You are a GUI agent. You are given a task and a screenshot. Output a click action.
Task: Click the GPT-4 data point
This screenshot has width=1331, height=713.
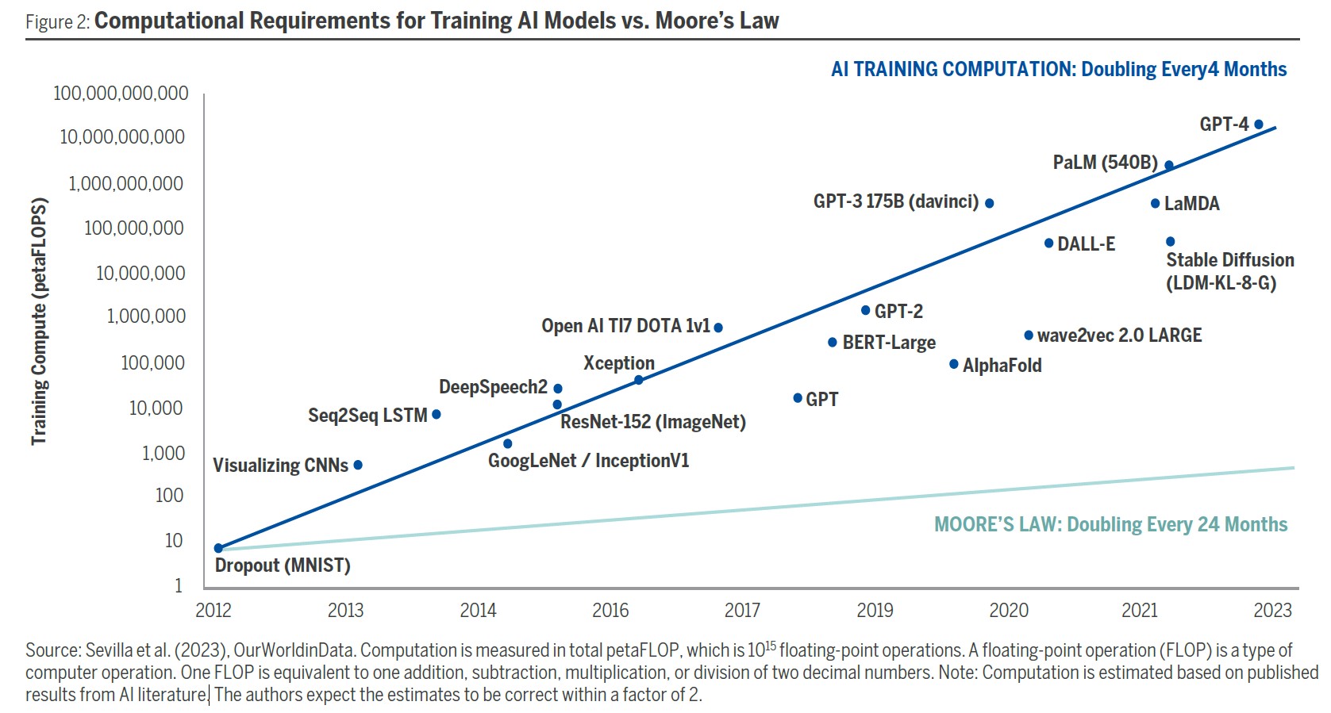pyautogui.click(x=1258, y=125)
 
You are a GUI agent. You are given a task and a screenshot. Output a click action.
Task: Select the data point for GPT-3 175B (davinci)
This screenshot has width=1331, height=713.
pyautogui.click(x=989, y=203)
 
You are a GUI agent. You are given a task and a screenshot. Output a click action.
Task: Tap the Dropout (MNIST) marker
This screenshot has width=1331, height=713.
pyautogui.click(x=218, y=548)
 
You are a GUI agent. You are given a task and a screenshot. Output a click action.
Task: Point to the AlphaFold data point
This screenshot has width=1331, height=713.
pyautogui.click(x=954, y=364)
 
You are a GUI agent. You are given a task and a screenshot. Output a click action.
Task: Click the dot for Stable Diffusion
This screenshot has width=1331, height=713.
pyautogui.click(x=1170, y=241)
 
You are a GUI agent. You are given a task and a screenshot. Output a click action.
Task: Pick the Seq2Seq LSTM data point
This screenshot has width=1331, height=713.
pyautogui.click(x=436, y=414)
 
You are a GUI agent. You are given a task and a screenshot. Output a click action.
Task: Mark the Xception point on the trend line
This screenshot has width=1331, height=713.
pyautogui.click(x=638, y=380)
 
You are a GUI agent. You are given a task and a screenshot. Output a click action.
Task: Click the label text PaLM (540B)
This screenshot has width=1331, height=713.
pyautogui.click(x=1105, y=163)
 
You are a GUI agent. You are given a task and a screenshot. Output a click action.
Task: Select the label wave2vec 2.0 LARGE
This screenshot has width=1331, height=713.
pyautogui.click(x=1119, y=335)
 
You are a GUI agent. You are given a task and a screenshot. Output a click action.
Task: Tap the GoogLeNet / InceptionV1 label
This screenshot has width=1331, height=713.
pyautogui.click(x=588, y=461)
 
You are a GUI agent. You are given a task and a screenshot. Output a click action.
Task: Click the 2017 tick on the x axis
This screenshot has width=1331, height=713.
pyautogui.click(x=742, y=610)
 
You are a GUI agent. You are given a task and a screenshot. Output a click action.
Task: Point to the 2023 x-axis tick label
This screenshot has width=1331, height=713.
pyautogui.click(x=1272, y=610)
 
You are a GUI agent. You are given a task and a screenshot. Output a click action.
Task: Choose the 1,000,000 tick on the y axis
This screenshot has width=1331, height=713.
pyautogui.click(x=146, y=316)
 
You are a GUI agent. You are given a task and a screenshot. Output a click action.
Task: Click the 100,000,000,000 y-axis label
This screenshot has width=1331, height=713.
pyautogui.click(x=121, y=94)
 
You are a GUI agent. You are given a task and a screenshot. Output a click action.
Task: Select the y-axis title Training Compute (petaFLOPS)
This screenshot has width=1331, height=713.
pyautogui.click(x=39, y=321)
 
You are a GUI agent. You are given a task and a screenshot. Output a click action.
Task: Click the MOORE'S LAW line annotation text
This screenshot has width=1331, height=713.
pyautogui.click(x=1110, y=524)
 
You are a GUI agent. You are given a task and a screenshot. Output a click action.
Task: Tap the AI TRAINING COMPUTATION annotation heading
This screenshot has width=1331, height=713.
pyautogui.click(x=1058, y=70)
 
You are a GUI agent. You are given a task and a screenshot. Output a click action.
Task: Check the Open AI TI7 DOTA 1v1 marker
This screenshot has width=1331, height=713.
pyautogui.click(x=718, y=328)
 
